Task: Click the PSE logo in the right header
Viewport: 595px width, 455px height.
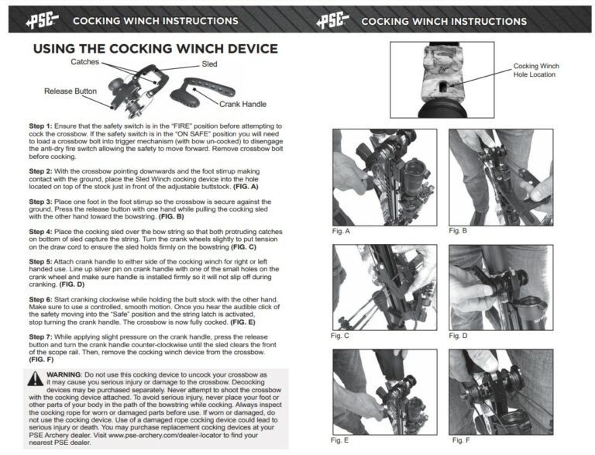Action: coord(332,20)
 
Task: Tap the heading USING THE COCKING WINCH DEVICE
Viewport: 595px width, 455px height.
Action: coord(155,49)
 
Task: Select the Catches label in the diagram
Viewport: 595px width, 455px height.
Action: coord(85,61)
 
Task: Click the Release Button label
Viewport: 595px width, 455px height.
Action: coord(71,91)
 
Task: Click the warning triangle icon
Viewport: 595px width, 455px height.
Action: coord(36,378)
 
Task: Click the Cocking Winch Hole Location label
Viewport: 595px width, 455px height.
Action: coord(535,71)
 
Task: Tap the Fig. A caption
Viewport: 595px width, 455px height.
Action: coord(342,232)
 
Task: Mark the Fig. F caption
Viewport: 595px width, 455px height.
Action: coord(459,439)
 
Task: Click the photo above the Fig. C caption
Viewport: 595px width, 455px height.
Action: coord(383,287)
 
